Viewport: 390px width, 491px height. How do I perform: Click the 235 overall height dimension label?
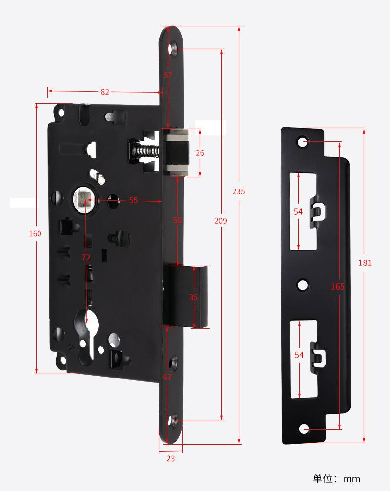coord(239,191)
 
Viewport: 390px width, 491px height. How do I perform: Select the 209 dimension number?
coord(221,221)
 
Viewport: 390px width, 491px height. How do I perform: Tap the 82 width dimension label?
coord(105,92)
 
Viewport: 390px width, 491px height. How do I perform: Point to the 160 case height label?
coord(35,233)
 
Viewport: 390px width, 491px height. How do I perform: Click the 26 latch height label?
coord(200,153)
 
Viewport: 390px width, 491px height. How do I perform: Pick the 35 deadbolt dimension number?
coord(194,297)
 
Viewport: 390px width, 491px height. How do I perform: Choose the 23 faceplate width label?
coord(170,458)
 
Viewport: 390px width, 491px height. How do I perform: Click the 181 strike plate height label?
coord(365,263)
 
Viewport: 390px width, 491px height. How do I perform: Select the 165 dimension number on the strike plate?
coord(338,286)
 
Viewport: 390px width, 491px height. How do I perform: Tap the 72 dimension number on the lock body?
coord(86,257)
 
